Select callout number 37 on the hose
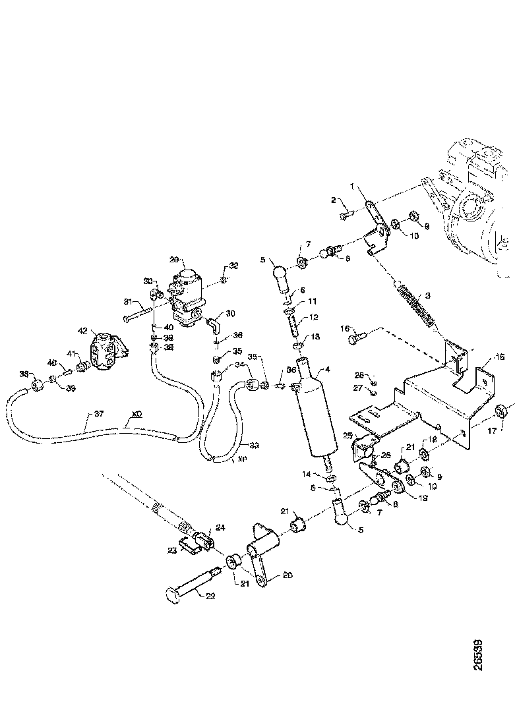(99, 414)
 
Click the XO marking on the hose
(136, 414)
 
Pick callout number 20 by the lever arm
(287, 574)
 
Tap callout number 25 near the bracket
(347, 436)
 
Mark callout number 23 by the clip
(173, 550)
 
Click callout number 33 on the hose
(254, 446)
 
